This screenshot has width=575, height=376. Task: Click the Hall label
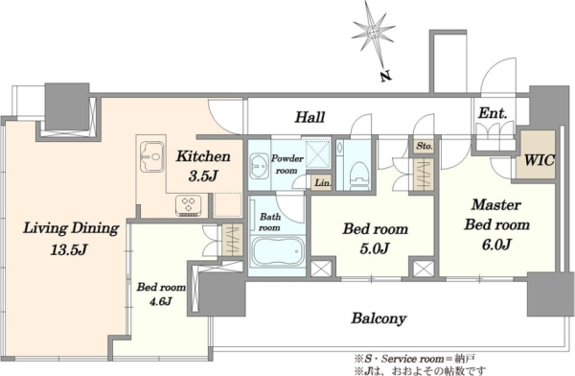(x=310, y=117)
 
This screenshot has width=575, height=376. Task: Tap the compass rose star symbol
(x=373, y=32)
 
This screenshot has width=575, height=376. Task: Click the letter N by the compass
(x=384, y=77)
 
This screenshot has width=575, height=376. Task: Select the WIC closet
(x=537, y=155)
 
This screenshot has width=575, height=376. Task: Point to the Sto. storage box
(x=425, y=146)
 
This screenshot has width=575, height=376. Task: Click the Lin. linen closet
(x=322, y=182)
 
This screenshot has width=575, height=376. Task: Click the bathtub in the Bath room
(x=278, y=252)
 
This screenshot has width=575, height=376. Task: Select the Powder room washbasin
(x=260, y=167)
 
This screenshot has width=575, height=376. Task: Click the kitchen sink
(x=152, y=156)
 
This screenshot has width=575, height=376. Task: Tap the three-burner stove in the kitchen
(x=189, y=205)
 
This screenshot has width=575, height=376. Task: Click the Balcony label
(x=379, y=318)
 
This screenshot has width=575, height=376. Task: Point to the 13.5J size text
(x=69, y=250)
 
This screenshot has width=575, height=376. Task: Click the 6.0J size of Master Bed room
(x=496, y=245)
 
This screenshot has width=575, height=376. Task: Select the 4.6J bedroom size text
(x=161, y=301)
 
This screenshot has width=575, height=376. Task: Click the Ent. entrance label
(x=493, y=113)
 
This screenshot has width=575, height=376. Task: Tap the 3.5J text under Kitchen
(x=203, y=176)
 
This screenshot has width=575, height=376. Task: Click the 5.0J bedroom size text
(x=375, y=248)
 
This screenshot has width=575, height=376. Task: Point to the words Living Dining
(x=71, y=228)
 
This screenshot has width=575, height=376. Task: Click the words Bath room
(x=269, y=223)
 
